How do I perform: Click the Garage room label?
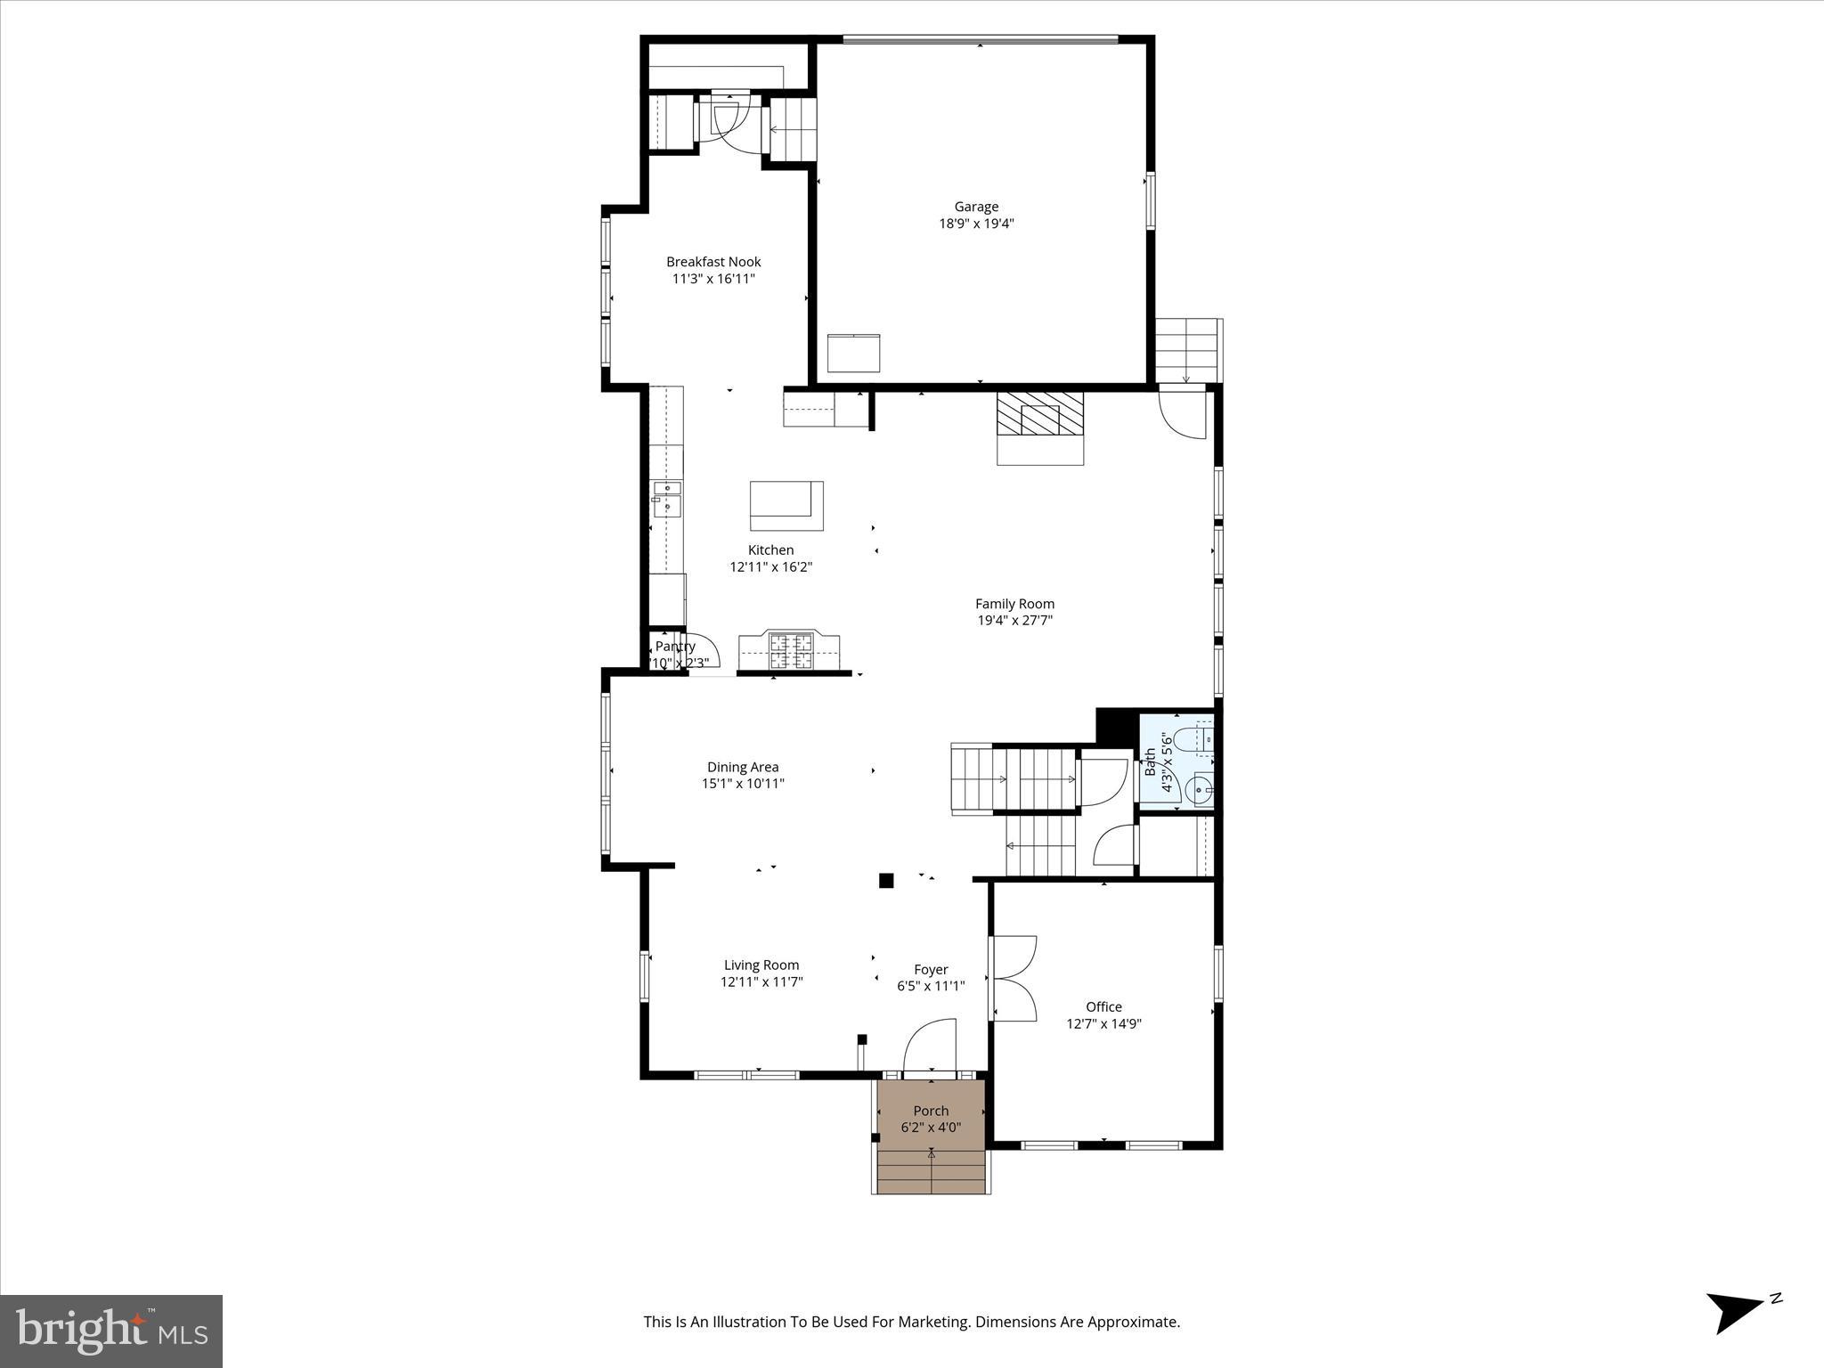pyautogui.click(x=976, y=207)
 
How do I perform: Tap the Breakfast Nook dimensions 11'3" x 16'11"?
pyautogui.click(x=713, y=279)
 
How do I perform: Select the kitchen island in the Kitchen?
pyautogui.click(x=786, y=504)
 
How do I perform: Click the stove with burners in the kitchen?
pyautogui.click(x=791, y=650)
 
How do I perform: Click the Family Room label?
pyautogui.click(x=1014, y=604)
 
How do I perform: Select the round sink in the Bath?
pyautogui.click(x=1201, y=789)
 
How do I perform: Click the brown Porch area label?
pyautogui.click(x=931, y=1111)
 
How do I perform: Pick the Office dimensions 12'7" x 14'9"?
pyautogui.click(x=1103, y=1024)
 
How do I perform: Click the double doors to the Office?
pyautogui.click(x=1014, y=978)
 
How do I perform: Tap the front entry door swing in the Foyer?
pyautogui.click(x=930, y=1046)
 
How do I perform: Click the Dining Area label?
pyautogui.click(x=743, y=767)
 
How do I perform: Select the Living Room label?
pyautogui.click(x=761, y=965)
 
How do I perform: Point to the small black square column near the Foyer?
pyautogui.click(x=886, y=881)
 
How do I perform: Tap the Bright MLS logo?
pyautogui.click(x=111, y=1331)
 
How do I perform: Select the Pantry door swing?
pyautogui.click(x=704, y=650)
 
